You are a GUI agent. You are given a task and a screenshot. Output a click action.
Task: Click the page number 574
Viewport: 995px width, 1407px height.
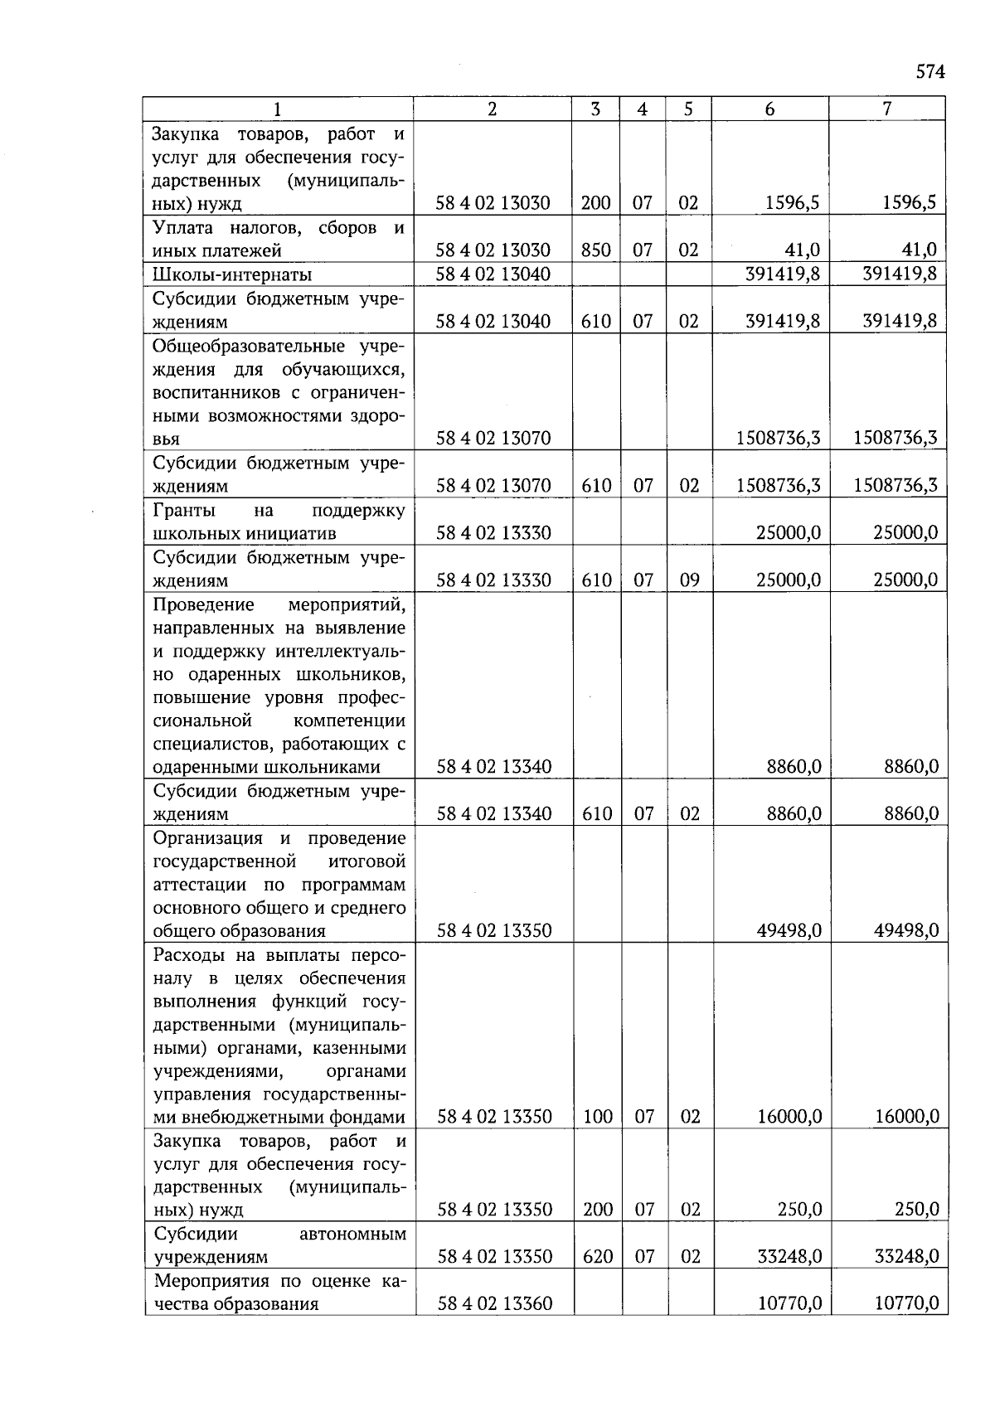(929, 72)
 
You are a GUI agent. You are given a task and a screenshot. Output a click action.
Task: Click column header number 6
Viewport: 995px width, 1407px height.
(769, 109)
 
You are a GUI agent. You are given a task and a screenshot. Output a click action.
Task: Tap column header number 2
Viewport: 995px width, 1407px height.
(493, 109)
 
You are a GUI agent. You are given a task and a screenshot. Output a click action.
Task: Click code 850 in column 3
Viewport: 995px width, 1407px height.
(595, 250)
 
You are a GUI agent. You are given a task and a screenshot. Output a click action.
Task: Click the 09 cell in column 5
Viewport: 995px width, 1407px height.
(689, 580)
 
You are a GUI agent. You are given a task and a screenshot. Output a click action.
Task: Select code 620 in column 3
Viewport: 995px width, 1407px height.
(597, 1257)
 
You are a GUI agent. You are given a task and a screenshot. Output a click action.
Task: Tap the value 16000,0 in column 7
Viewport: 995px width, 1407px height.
(907, 1117)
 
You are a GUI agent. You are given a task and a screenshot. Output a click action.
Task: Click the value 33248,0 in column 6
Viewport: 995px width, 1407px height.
(789, 1257)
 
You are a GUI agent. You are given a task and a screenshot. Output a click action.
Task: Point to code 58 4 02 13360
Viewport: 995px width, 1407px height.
(494, 1304)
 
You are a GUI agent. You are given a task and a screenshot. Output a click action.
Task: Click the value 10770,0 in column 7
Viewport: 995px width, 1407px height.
(906, 1304)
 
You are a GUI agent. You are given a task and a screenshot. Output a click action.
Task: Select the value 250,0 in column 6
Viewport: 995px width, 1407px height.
(799, 1210)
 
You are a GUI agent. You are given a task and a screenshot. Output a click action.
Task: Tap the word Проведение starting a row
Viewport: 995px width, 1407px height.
(203, 604)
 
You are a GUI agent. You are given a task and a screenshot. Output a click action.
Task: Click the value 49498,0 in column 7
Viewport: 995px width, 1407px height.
(906, 930)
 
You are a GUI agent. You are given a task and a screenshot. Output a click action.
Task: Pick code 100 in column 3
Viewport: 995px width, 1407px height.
(597, 1117)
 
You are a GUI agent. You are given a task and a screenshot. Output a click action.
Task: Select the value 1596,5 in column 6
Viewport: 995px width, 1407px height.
(792, 203)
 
